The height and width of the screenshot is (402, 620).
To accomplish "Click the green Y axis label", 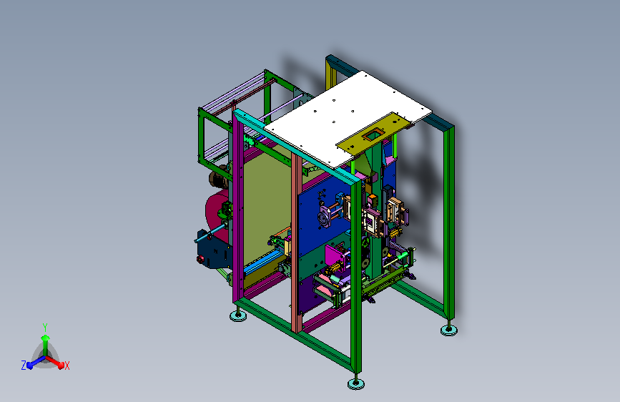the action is coord(45,328).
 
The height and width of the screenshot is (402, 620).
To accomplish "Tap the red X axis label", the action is coord(67,366).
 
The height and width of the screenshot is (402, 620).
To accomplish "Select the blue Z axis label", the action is coord(24,366).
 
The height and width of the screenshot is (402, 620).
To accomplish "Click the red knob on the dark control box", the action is coord(200,260).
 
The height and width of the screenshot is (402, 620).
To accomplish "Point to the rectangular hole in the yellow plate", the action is coord(373,135).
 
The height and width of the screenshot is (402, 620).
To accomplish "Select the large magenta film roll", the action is coord(217,214).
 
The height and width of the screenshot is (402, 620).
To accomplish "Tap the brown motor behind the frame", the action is coord(219,180).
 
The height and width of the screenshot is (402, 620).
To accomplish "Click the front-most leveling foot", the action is coord(356,383).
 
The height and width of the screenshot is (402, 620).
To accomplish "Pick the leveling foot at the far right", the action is coord(449,330).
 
